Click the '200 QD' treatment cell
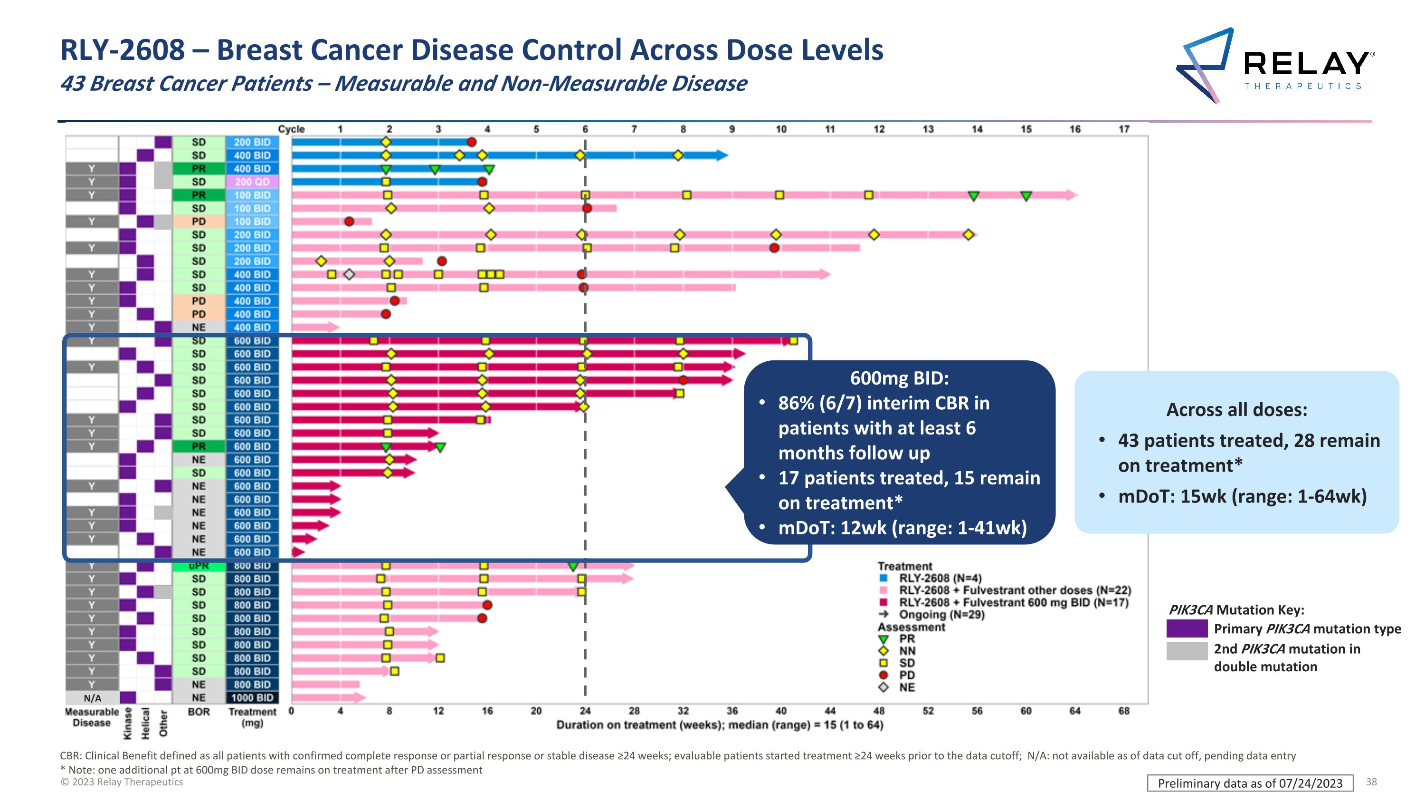(x=252, y=182)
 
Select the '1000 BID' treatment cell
(x=252, y=698)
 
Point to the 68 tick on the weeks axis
(x=1123, y=711)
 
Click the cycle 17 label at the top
(x=1123, y=129)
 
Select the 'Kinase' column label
(x=128, y=723)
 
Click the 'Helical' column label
(x=145, y=723)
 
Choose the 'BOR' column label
(x=199, y=712)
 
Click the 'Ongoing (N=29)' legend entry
(x=941, y=615)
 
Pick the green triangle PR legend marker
(x=883, y=639)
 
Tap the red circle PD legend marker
(x=883, y=675)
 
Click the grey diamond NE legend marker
(x=883, y=687)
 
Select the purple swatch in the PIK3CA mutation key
(x=1187, y=629)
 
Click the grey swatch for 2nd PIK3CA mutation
(x=1187, y=651)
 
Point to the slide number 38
(x=1371, y=782)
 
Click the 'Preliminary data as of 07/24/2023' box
(x=1250, y=783)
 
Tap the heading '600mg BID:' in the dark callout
(x=899, y=378)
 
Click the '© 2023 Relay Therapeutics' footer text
(x=122, y=782)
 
